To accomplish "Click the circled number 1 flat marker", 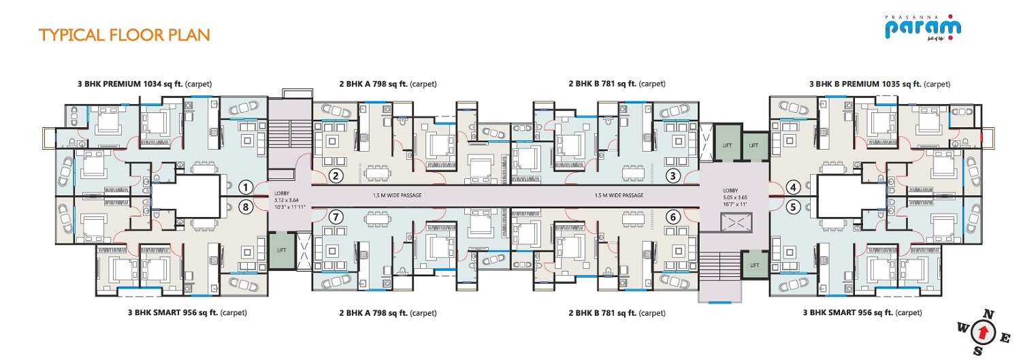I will pyautogui.click(x=246, y=186).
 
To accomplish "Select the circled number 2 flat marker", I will pyautogui.click(x=335, y=176).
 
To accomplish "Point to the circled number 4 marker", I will pyautogui.click(x=792, y=186).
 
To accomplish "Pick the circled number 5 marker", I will pyautogui.click(x=792, y=206).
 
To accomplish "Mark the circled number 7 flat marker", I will pyautogui.click(x=335, y=217).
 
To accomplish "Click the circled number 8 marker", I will pyautogui.click(x=246, y=206).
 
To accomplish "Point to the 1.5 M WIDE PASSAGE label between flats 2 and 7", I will pyautogui.click(x=398, y=195).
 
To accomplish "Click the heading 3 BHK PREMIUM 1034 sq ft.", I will pyautogui.click(x=144, y=84).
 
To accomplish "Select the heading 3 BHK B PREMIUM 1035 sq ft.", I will pyautogui.click(x=879, y=84).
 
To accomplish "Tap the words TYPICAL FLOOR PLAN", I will pyautogui.click(x=124, y=35).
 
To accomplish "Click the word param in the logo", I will pyautogui.click(x=922, y=29).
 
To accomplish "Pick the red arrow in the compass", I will pyautogui.click(x=982, y=333).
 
